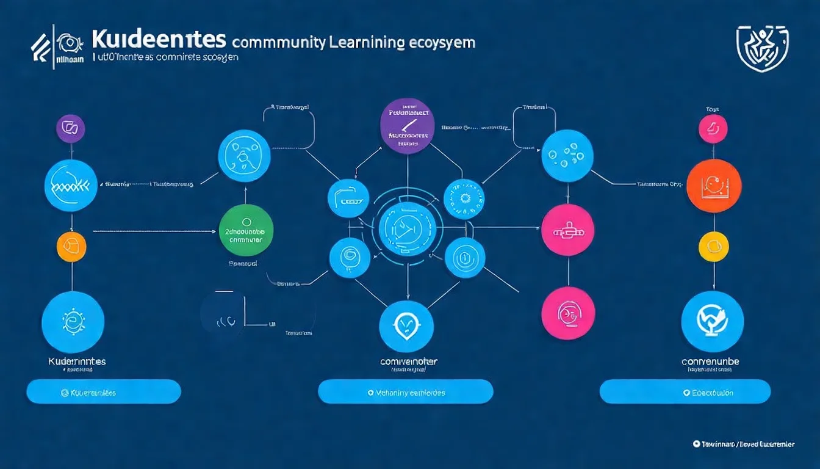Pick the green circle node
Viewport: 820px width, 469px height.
[x=245, y=230]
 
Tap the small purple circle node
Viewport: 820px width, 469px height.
[x=70, y=128]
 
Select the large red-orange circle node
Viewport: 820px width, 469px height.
[x=713, y=185]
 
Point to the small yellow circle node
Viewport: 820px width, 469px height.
[x=713, y=247]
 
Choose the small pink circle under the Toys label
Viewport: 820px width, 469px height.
[x=713, y=129]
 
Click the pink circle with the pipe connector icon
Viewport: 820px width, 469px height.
[x=567, y=230]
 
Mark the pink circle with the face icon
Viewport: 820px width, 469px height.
[x=567, y=313]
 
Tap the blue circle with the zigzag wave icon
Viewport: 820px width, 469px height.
[x=71, y=186]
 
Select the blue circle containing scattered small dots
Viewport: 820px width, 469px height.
[x=567, y=156]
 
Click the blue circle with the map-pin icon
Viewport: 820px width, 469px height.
[x=405, y=326]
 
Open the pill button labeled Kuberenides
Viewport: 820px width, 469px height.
[x=104, y=391]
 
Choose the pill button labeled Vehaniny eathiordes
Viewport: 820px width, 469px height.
[x=405, y=391]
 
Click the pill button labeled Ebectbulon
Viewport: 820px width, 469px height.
[x=685, y=391]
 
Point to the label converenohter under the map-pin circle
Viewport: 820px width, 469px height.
[x=408, y=362]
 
